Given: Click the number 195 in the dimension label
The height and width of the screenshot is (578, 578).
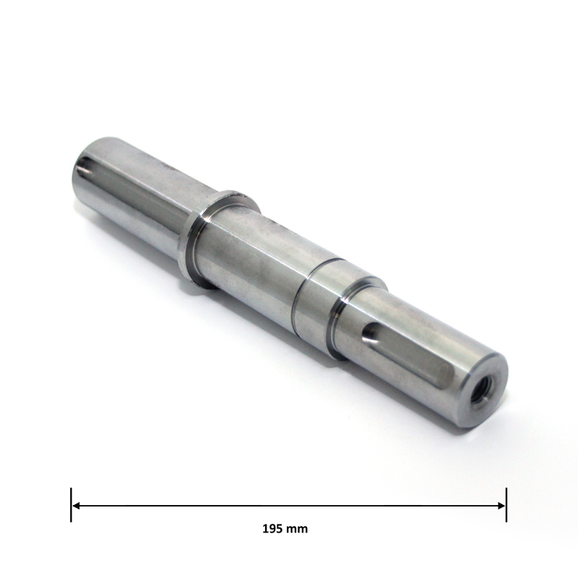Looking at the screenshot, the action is [x=272, y=529].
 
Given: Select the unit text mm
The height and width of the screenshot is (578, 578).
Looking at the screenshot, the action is [x=297, y=530].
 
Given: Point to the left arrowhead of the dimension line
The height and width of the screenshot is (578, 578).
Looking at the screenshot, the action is [x=76, y=506].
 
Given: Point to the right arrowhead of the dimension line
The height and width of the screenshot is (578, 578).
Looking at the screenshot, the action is [x=501, y=506].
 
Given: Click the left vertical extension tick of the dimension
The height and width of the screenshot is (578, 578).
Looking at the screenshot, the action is [x=71, y=505].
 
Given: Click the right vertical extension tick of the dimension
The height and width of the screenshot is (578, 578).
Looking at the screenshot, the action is [x=506, y=505].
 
